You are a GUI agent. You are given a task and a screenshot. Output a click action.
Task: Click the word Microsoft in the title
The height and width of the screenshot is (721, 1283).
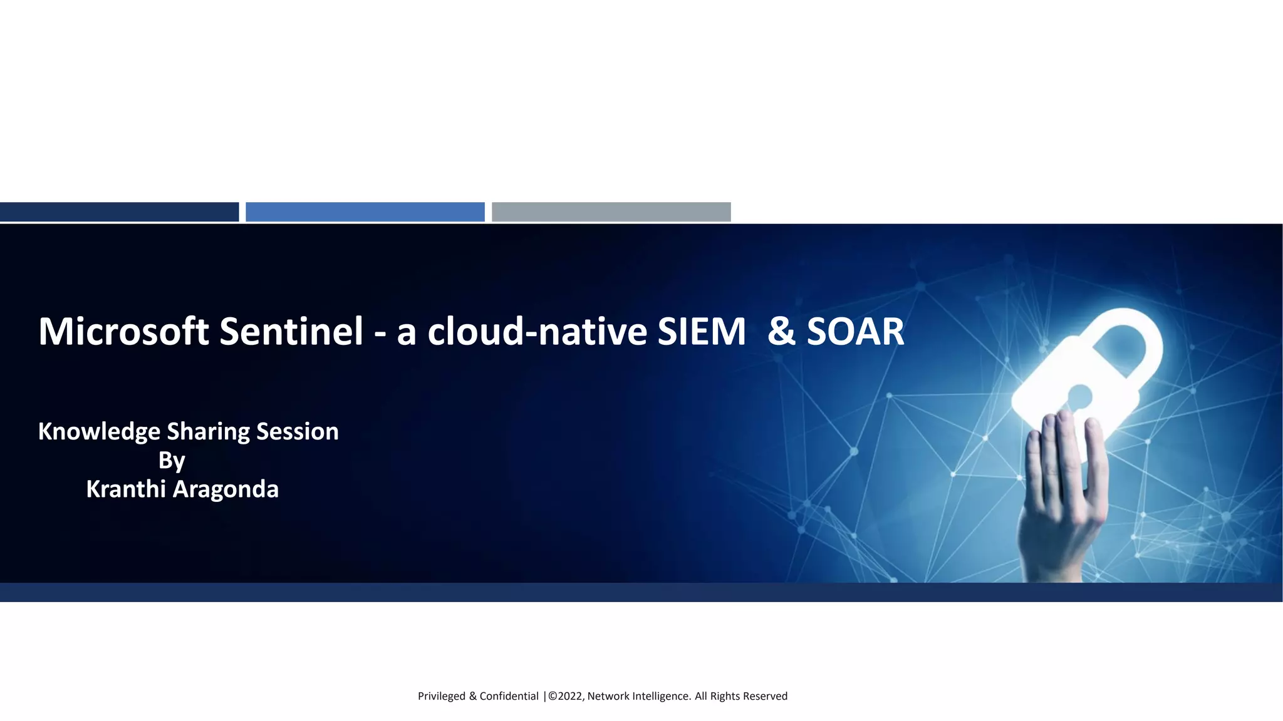(123, 331)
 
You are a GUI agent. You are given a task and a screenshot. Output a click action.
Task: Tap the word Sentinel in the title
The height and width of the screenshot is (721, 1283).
(291, 331)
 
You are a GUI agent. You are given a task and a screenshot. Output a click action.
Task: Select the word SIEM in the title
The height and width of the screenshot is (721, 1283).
(701, 331)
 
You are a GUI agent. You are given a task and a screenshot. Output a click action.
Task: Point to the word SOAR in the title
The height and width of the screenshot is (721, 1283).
(855, 331)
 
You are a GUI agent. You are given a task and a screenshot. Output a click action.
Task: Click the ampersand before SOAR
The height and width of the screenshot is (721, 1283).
(781, 331)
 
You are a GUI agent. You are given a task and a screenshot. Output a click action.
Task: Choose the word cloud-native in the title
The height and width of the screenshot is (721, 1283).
(537, 331)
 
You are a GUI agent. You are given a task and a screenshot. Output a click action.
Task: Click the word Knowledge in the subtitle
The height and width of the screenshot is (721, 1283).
(99, 432)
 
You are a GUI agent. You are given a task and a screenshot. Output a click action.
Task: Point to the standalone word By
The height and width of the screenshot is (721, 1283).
(172, 461)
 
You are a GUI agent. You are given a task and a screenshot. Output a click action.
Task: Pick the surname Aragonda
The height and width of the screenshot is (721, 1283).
(226, 489)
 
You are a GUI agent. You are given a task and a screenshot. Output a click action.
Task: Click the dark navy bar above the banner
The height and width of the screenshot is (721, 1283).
(119, 212)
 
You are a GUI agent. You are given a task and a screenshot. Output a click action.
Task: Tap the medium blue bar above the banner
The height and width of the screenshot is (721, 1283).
(365, 212)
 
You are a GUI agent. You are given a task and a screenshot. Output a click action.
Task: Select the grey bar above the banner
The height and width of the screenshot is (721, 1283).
(611, 212)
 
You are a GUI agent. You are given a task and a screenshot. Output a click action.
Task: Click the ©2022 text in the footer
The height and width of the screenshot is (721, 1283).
(566, 696)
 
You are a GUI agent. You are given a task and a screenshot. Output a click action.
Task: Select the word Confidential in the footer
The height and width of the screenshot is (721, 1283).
(509, 696)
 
